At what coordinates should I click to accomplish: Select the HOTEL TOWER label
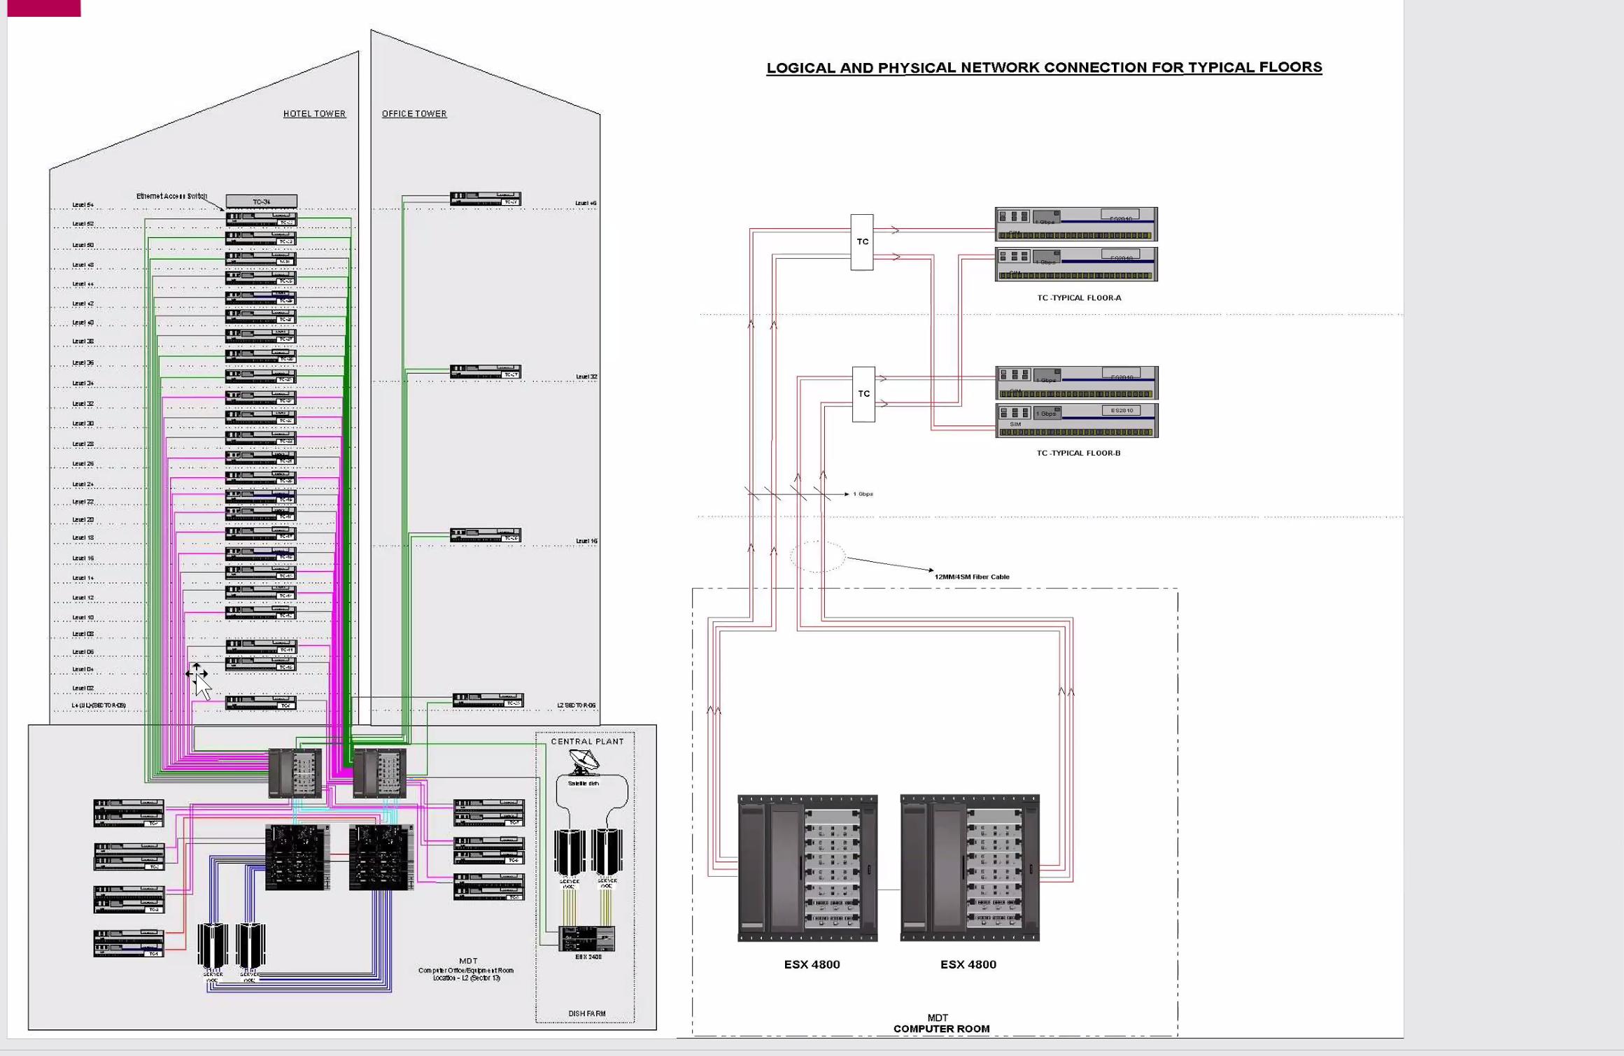coord(314,113)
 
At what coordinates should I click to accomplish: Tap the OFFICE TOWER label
coord(414,113)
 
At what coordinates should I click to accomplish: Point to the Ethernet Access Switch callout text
coord(171,196)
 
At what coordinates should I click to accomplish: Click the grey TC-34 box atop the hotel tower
coord(261,202)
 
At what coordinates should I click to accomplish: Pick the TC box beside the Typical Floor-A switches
coord(862,242)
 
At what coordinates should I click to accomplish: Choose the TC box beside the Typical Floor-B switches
coord(863,394)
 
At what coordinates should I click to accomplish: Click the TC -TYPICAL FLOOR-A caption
coord(1078,297)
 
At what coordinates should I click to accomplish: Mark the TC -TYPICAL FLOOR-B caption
coord(1078,453)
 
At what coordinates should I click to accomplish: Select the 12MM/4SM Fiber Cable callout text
coord(971,577)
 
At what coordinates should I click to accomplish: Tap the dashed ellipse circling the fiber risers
coord(817,557)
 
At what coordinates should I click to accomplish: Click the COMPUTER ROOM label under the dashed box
coord(941,1029)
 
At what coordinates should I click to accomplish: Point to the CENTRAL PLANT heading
coord(587,741)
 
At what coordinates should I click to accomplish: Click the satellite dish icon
coord(583,761)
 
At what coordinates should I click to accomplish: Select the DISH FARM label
coord(586,1013)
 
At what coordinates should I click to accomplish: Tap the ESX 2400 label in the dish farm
coord(588,957)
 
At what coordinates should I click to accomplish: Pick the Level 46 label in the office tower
coord(586,203)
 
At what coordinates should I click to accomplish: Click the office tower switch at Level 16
coord(486,535)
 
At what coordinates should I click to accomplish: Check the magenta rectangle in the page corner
coord(43,8)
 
